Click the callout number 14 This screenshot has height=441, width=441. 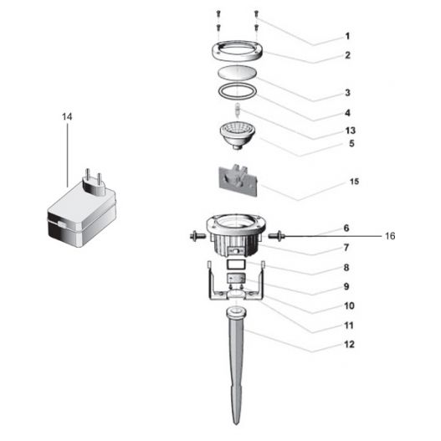pos(68,116)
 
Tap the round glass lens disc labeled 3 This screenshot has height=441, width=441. pos(238,73)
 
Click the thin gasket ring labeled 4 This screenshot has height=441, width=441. pos(238,90)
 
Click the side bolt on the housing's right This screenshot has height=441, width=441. pos(275,237)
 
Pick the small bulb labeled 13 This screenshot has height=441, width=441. pos(238,110)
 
